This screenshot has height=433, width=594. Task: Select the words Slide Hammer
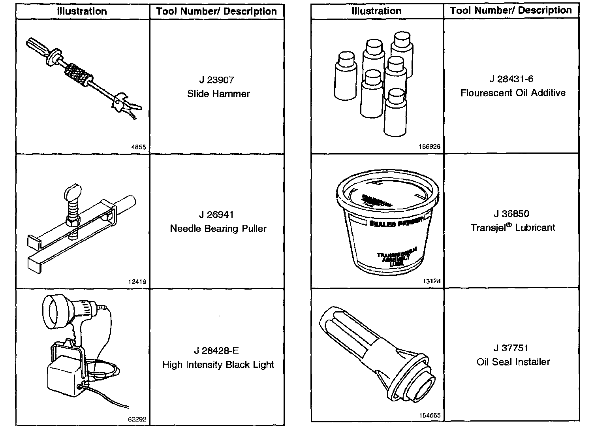tap(218, 94)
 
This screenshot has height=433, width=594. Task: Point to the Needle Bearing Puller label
tap(218, 229)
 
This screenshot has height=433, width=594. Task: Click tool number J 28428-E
tap(216, 350)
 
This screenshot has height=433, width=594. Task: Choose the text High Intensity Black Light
tap(218, 365)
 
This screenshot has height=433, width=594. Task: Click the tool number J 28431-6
tap(511, 79)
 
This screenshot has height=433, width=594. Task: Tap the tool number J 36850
tap(511, 214)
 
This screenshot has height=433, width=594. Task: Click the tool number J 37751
tap(511, 348)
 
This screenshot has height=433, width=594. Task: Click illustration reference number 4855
tap(138, 147)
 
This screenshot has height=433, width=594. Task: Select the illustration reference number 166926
tap(429, 147)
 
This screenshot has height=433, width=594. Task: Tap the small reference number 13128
tap(432, 281)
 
